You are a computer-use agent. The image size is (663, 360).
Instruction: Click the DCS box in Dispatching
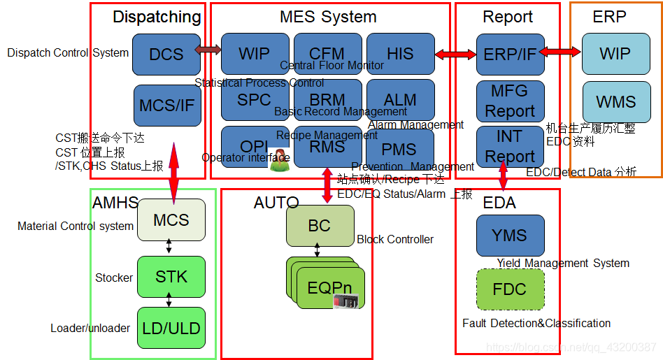(x=166, y=54)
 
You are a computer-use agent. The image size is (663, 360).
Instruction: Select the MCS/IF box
(x=166, y=106)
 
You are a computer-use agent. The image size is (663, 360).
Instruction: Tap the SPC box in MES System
(x=255, y=100)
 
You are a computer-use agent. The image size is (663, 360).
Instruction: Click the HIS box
(x=400, y=54)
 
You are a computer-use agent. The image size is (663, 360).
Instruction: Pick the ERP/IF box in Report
(x=510, y=54)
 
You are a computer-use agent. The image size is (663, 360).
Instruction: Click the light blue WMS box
(x=615, y=102)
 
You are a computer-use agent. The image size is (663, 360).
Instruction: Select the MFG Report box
(x=510, y=101)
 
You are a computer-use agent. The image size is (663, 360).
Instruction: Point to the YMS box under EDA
(x=509, y=236)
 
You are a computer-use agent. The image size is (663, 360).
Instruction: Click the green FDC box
(x=509, y=289)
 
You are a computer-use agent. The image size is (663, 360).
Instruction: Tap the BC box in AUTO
(x=320, y=226)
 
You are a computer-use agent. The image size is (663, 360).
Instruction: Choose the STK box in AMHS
(x=171, y=276)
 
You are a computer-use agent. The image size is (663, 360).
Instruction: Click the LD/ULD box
(x=171, y=328)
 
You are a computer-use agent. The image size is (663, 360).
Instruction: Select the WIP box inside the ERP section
(x=615, y=54)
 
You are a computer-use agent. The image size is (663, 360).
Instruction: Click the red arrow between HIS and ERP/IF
(x=455, y=54)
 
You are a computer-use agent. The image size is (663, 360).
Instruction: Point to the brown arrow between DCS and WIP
(x=208, y=49)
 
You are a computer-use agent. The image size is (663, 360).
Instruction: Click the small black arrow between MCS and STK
(x=169, y=246)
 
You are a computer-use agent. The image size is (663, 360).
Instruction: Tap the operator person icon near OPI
(x=280, y=160)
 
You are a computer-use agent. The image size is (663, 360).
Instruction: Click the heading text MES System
(x=328, y=17)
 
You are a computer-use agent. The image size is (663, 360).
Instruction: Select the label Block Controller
(x=395, y=239)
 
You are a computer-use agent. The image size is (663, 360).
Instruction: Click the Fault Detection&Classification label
(x=536, y=323)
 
